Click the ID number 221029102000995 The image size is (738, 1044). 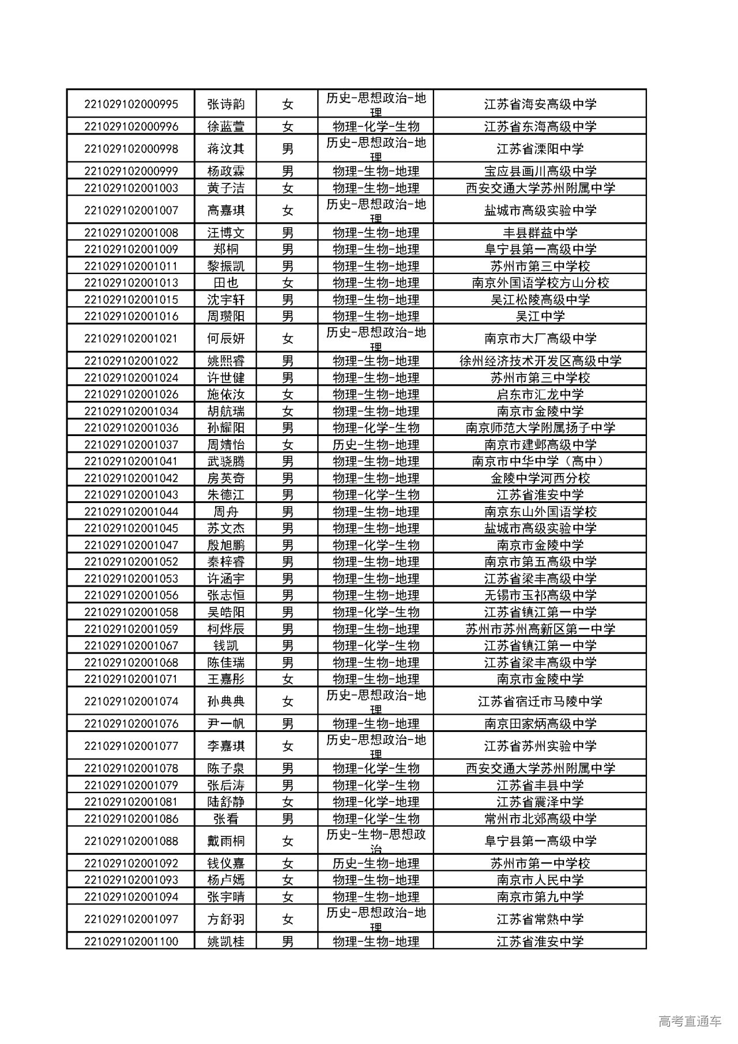[131, 104]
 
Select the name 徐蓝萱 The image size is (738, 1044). [225, 126]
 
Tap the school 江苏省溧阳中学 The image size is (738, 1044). [540, 149]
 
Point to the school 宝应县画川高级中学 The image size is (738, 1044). [540, 171]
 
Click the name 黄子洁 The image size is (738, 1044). [225, 188]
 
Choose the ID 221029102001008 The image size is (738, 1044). [131, 233]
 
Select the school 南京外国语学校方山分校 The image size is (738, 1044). [540, 283]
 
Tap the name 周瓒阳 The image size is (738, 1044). [225, 316]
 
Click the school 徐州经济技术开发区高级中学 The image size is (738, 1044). [540, 361]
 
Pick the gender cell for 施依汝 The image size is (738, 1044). [287, 395]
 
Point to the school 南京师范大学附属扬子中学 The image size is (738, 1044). [540, 428]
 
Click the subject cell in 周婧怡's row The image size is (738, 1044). [375, 445]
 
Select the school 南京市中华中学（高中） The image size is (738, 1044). [540, 461]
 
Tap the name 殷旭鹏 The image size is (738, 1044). [225, 545]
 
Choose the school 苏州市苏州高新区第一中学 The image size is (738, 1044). [540, 629]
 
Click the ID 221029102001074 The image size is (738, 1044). [131, 701]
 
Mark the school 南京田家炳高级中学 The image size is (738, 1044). [540, 724]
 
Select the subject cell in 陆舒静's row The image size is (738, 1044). [375, 802]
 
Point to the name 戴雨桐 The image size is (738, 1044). [225, 841]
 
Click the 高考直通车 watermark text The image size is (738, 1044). [690, 1022]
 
